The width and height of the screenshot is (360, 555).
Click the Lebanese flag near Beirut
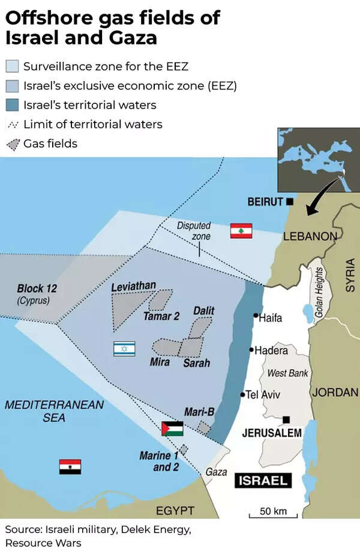pos(241,230)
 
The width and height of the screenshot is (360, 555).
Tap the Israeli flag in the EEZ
pos(124,349)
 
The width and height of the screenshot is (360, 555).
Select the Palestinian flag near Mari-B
pos(172,428)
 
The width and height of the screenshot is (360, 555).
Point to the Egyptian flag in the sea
pos(70,466)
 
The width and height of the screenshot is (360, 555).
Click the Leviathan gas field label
pos(133,287)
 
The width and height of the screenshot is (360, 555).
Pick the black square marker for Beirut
pos(290,202)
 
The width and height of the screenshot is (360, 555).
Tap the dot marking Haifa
pos(256,315)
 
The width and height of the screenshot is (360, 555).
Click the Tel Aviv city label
pos(263,395)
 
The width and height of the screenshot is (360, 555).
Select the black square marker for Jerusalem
pos(287,419)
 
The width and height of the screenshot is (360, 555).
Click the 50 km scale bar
pos(274,514)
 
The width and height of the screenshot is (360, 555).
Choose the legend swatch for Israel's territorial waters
pos(13,105)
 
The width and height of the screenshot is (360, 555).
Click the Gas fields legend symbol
pos(13,144)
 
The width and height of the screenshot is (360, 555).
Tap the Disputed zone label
pos(193,230)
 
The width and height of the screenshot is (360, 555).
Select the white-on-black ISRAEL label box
pos(263,480)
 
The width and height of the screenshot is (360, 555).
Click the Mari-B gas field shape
pos(204,428)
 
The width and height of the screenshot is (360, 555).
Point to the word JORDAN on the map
pos(335,392)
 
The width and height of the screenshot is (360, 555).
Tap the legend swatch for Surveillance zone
pos(13,66)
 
